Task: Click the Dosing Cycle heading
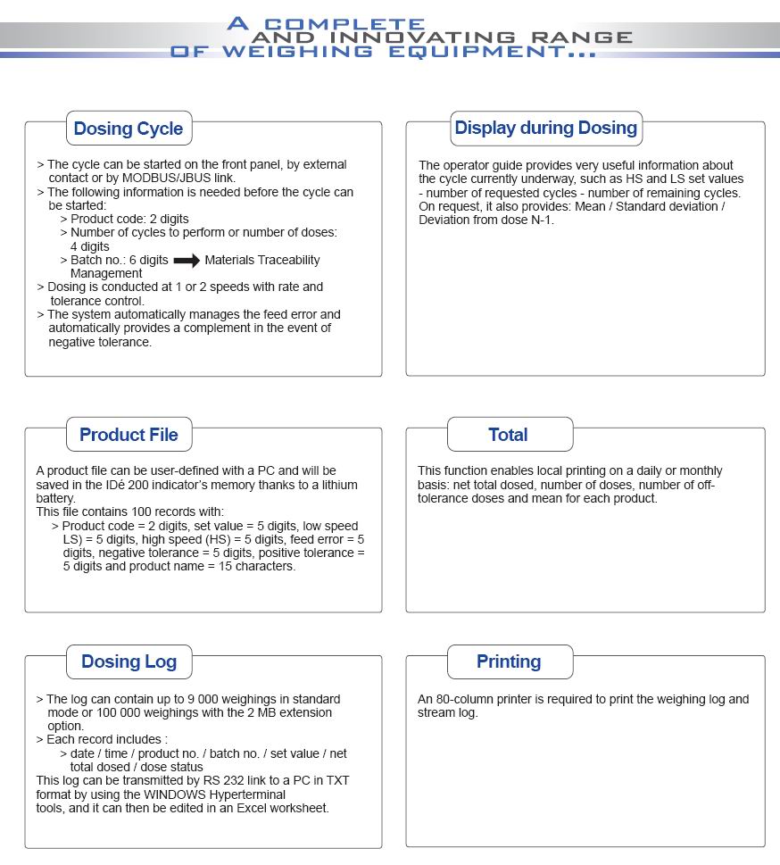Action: click(128, 129)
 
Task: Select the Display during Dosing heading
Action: click(545, 128)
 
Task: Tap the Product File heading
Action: click(129, 435)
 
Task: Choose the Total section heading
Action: click(508, 435)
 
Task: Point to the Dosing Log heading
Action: click(129, 661)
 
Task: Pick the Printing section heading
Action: click(508, 661)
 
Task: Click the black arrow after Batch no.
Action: click(187, 261)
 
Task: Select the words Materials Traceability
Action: click(262, 260)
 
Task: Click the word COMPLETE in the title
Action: click(345, 24)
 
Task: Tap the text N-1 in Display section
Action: click(542, 220)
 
